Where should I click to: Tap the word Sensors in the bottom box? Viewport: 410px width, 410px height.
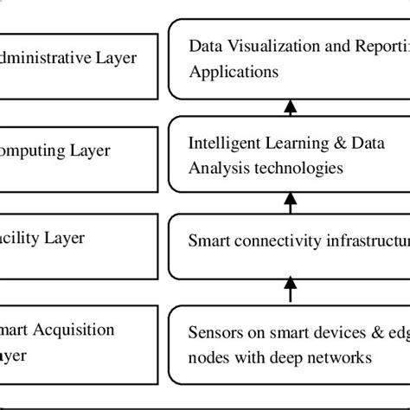pos(215,331)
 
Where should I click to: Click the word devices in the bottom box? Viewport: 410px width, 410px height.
pos(324,331)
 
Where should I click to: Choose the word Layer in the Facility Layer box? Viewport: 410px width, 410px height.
pos(70,235)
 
